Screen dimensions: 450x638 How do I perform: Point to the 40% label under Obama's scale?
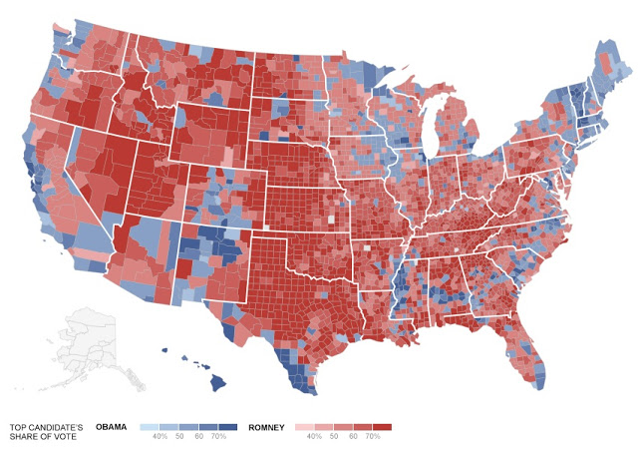pos(159,437)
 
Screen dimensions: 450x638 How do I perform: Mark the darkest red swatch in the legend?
pos(384,427)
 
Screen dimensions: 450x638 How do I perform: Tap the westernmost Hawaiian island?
pos(163,349)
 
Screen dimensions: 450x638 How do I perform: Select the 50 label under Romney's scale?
pos(334,437)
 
